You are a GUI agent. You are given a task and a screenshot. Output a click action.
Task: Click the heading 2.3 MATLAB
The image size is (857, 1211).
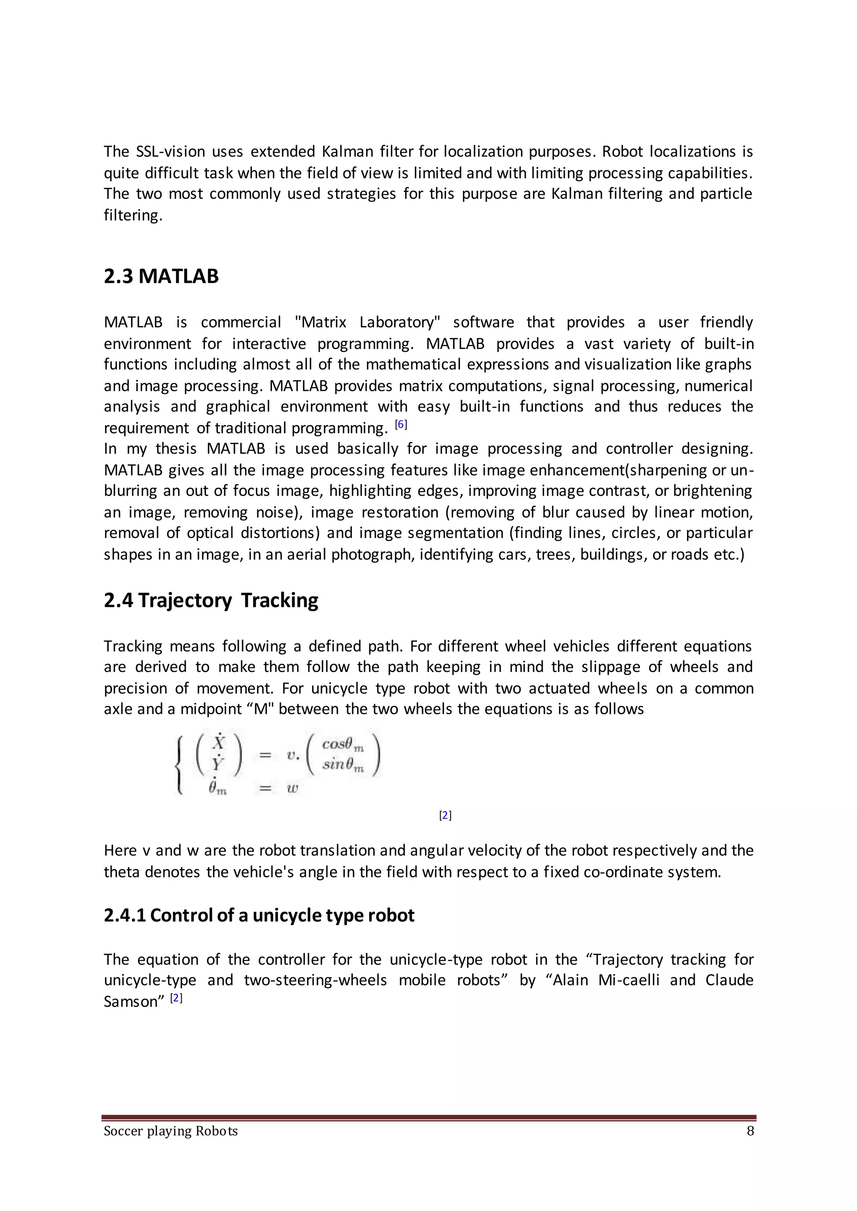(x=161, y=277)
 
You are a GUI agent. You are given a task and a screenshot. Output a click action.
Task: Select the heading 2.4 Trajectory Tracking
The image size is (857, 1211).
(x=211, y=600)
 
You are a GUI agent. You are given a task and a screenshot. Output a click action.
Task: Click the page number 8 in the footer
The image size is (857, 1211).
(x=750, y=1131)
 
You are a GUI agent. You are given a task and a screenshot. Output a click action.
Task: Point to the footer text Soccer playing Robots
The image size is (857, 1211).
(x=170, y=1131)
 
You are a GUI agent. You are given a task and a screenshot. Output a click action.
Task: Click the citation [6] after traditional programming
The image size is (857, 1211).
(x=401, y=424)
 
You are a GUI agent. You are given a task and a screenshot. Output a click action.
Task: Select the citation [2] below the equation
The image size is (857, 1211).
(x=445, y=815)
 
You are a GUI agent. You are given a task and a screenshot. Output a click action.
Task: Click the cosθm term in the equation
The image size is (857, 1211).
(x=342, y=744)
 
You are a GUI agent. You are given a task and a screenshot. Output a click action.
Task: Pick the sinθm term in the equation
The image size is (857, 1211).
(x=342, y=765)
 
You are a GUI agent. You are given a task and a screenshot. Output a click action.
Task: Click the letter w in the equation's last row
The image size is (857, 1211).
(x=293, y=788)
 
